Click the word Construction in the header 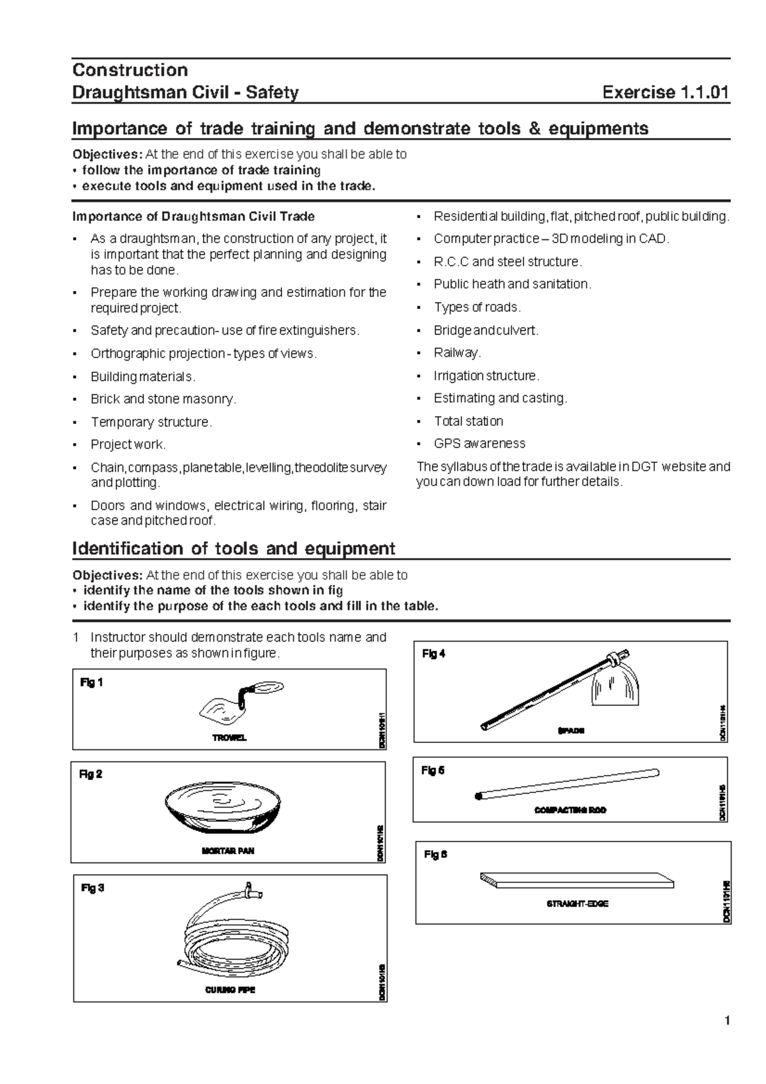pyautogui.click(x=130, y=70)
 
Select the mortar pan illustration pyautogui.click(x=223, y=807)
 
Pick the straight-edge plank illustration pyautogui.click(x=576, y=882)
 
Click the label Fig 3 pyautogui.click(x=93, y=888)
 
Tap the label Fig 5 pyautogui.click(x=433, y=771)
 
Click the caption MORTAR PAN pyautogui.click(x=228, y=851)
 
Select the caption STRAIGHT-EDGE pyautogui.click(x=577, y=904)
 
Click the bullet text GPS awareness pyautogui.click(x=479, y=444)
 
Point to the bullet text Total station pyautogui.click(x=469, y=421)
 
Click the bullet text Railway pyautogui.click(x=457, y=353)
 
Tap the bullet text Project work pyautogui.click(x=128, y=444)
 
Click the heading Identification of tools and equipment pyautogui.click(x=234, y=549)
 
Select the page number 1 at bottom pyautogui.click(x=726, y=1021)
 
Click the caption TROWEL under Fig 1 pyautogui.click(x=229, y=738)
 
